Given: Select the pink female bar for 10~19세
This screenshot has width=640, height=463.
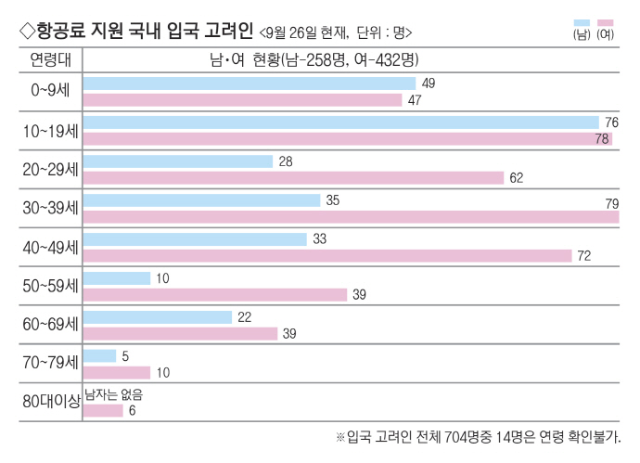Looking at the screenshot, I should point(347,138).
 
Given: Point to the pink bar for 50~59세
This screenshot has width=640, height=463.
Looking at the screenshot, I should point(214,294).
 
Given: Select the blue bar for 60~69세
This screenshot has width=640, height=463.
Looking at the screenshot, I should point(157,317).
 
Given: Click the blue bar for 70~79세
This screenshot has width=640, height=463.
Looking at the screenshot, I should point(99,355).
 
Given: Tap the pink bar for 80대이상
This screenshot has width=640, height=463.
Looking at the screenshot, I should point(102,410).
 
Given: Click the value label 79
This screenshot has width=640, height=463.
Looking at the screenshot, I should point(611,203).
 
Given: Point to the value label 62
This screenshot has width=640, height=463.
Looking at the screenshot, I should point(517,177).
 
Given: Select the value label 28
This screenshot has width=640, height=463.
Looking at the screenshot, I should point(286,161).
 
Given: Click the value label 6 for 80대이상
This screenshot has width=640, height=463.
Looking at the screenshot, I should point(133,410).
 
